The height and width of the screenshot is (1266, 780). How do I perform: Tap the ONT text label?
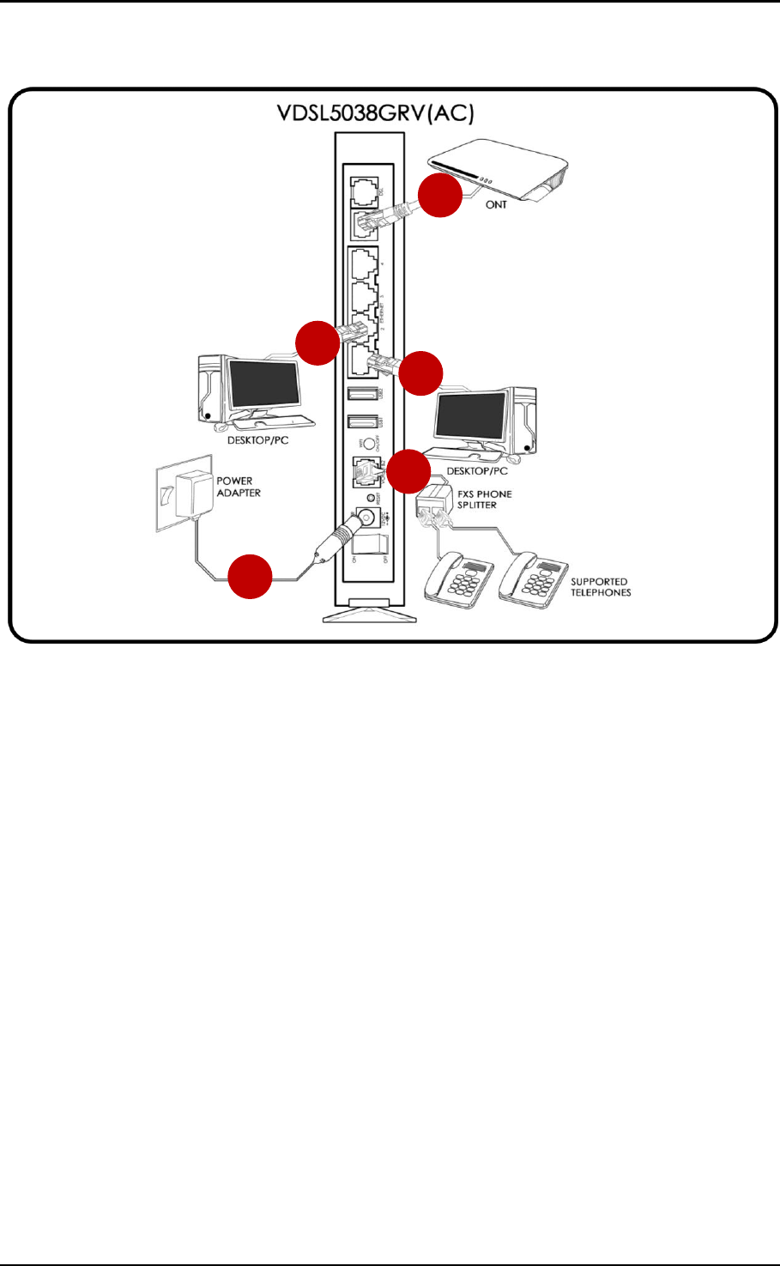point(496,204)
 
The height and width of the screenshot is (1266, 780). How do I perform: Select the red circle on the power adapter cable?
point(250,576)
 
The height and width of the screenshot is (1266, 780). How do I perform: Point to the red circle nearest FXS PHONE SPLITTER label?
point(407,471)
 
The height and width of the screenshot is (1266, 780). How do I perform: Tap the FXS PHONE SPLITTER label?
point(484,500)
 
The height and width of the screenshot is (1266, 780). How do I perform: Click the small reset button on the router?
point(370,498)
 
